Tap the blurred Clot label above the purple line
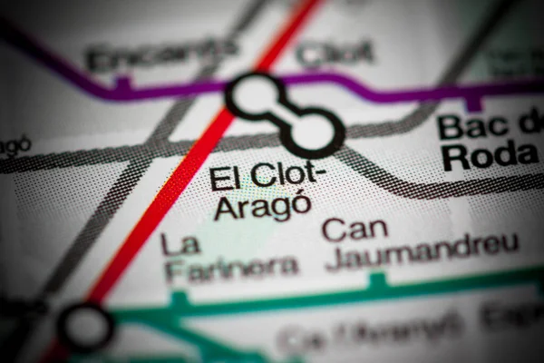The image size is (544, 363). click(335, 53)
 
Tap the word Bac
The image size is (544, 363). click(474, 126)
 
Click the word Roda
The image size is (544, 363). click(490, 156)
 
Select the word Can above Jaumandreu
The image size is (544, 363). click(355, 228)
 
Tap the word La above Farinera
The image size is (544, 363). click(180, 243)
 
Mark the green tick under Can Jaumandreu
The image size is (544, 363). click(377, 280)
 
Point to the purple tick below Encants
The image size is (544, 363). click(123, 84)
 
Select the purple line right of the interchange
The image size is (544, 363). click(408, 92)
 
